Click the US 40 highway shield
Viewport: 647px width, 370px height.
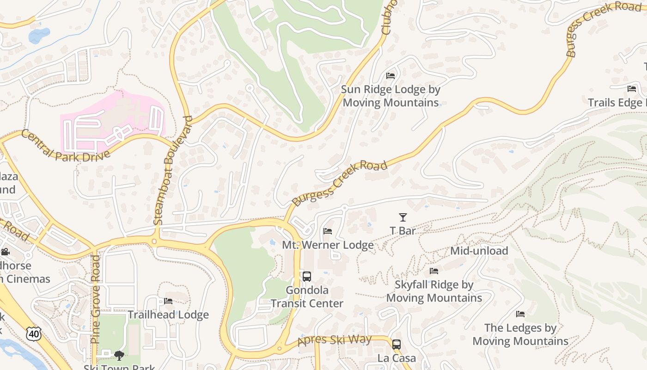[x=33, y=333]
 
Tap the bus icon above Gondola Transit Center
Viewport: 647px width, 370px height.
[x=306, y=277]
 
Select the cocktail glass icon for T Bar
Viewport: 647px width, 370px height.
[x=403, y=217]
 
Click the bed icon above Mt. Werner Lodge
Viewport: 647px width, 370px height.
[x=328, y=231]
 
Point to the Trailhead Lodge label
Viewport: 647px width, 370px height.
[x=168, y=315]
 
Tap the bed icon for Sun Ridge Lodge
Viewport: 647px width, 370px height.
[x=391, y=75]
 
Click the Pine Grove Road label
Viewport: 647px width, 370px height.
[x=95, y=299]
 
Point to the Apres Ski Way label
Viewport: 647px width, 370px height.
[x=335, y=340]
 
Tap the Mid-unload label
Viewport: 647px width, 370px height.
[x=479, y=251]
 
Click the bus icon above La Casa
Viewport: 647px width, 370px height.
[x=396, y=344]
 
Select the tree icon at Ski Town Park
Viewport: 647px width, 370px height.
[x=119, y=355]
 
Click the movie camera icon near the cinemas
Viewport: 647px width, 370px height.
[x=5, y=252]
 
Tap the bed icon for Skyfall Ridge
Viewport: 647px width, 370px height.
[x=433, y=271]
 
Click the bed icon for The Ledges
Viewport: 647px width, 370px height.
[x=520, y=314]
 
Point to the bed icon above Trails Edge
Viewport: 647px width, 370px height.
[x=632, y=89]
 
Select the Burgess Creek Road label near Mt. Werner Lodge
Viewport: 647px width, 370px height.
[x=340, y=183]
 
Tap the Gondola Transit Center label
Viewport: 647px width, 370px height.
[x=307, y=297]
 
